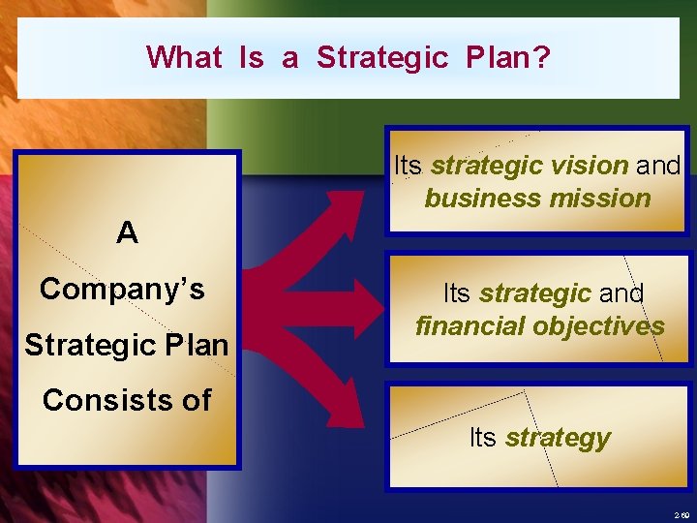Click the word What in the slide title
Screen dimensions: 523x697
tap(184, 57)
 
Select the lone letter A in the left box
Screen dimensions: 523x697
tap(127, 232)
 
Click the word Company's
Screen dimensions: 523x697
tap(122, 289)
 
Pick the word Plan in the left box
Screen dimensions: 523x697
tap(194, 345)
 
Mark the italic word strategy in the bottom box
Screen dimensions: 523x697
tap(558, 438)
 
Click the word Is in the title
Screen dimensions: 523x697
tap(251, 57)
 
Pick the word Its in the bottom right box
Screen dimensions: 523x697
tap(482, 438)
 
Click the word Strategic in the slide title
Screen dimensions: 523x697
tap(382, 57)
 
